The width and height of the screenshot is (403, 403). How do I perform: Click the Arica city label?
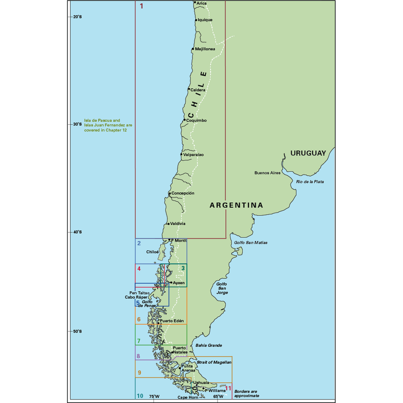point(202,4)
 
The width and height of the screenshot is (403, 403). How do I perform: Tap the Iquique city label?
point(205,20)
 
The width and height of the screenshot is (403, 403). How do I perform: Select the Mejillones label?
point(205,49)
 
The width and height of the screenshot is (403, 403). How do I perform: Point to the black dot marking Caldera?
point(189,89)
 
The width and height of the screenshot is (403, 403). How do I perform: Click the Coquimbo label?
point(196,120)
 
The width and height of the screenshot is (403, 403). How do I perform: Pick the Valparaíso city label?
point(193,154)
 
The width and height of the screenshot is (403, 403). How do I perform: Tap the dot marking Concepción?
point(170,193)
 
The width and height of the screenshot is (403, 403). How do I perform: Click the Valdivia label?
point(178,224)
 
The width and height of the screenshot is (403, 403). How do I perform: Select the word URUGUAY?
point(308,153)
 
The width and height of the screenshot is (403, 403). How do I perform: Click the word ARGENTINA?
point(236,205)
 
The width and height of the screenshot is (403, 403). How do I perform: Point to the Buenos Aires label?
point(268,173)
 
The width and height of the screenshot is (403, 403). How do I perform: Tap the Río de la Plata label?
point(310,181)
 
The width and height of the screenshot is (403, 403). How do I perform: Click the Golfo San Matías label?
point(250,243)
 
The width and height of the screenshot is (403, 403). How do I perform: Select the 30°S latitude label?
point(77,124)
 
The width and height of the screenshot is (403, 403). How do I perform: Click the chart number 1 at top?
point(141,6)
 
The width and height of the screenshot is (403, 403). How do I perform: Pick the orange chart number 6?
point(139,320)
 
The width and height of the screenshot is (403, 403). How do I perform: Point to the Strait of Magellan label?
point(214,362)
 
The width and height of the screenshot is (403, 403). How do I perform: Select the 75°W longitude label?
point(154,397)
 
